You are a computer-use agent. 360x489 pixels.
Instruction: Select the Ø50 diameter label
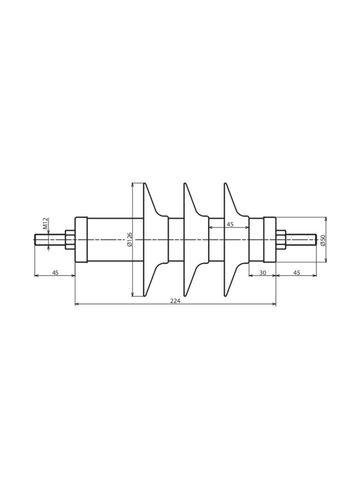[x=322, y=240]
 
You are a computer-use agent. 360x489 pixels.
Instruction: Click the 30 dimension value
[x=263, y=272]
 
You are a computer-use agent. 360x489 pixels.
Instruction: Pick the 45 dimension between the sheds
[x=230, y=224]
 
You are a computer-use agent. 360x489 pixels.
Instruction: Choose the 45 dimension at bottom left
[x=55, y=272]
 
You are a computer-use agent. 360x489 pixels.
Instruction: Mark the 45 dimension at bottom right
[x=297, y=272]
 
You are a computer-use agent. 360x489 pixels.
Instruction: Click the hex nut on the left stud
[x=69, y=239]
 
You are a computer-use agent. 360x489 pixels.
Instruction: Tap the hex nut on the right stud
[x=281, y=239]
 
